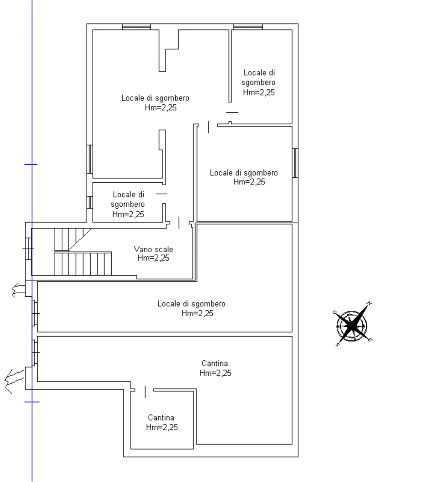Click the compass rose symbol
pos(352,325)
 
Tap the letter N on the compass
pos(370,303)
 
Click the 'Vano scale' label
pos(153,249)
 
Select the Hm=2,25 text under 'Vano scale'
pos(154,258)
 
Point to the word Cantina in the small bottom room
pos(161,418)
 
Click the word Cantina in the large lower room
pos(214,363)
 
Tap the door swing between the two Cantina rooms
pos(145,392)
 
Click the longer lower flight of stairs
pos(83,263)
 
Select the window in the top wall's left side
pos(137,27)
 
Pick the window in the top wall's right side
pos(248,27)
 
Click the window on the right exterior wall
pos(295,163)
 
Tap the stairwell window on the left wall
pos(28,249)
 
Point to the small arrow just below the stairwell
pos(18,290)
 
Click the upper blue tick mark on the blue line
pos(31,164)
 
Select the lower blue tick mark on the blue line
pos(32,402)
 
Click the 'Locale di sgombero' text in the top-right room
pos(258,77)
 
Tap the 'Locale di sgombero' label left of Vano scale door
pos(128,199)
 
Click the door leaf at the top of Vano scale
pos(179,223)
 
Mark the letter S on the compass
pos(337,345)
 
